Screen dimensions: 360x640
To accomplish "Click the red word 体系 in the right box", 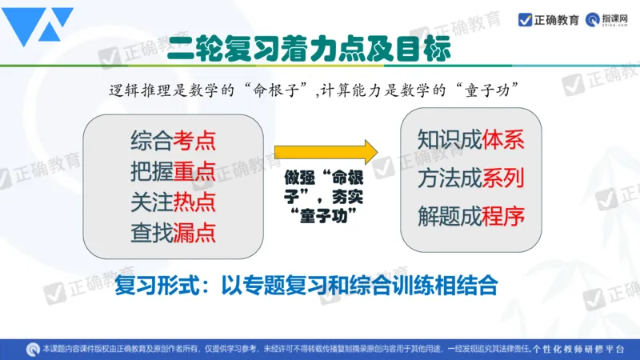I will pos(503,139).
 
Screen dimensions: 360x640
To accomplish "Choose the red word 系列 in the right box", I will pos(503,177).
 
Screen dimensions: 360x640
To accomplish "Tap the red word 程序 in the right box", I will pos(503,214).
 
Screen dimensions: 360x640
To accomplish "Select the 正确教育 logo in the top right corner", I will pos(549,19).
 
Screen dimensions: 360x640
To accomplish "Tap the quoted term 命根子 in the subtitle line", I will pos(283,90).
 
